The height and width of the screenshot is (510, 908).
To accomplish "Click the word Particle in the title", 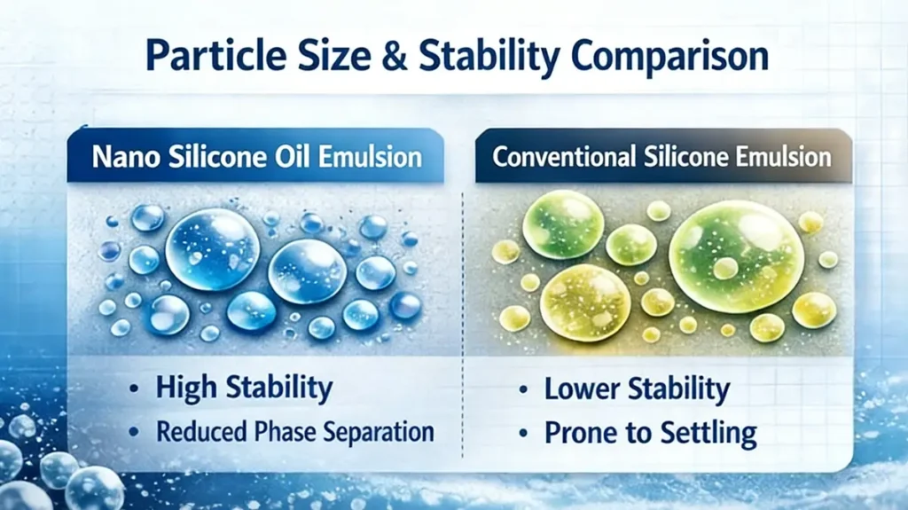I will (x=209, y=56).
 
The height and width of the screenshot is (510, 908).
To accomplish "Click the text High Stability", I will (x=244, y=388).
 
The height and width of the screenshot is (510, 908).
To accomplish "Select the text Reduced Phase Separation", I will (x=294, y=432).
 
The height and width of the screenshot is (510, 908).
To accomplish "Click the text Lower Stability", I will (x=637, y=388).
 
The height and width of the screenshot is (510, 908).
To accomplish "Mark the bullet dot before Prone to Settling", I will (x=525, y=435).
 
